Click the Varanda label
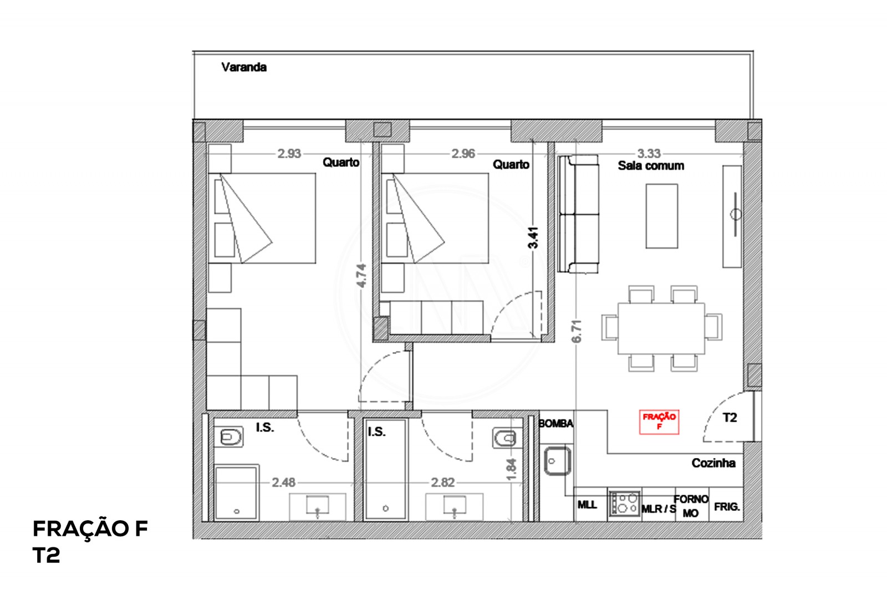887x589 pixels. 244,67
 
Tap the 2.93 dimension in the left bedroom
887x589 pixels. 289,154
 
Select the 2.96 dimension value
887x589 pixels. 463,154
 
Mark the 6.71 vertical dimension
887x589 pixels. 577,332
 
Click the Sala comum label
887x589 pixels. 651,166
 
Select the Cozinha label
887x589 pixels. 713,463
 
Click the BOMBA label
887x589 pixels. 555,424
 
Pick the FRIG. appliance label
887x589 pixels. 727,507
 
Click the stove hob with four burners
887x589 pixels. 625,504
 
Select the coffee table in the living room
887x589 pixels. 661,216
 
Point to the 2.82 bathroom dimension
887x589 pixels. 443,483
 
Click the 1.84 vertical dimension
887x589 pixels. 512,469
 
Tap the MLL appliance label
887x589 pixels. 587,505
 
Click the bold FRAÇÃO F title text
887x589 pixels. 90,529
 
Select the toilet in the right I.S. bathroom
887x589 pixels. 504,438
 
